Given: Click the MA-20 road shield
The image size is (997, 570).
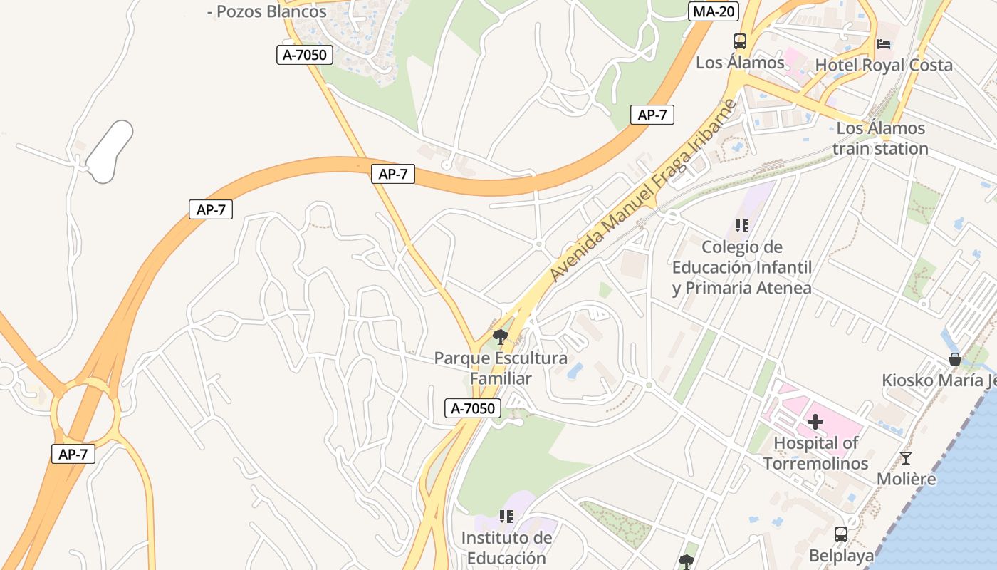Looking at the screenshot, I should [x=714, y=11].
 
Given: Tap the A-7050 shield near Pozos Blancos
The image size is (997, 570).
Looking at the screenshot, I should [x=305, y=54].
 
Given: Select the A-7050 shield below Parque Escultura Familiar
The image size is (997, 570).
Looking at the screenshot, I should [x=473, y=408].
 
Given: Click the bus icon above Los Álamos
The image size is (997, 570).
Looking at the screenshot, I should [x=740, y=41].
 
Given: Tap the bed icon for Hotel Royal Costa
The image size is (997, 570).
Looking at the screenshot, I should [x=884, y=44].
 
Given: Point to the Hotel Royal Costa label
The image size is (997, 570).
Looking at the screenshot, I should [x=883, y=65].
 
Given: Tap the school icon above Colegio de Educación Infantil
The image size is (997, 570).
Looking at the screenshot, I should [x=741, y=226].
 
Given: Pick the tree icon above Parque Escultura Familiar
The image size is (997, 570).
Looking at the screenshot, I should [x=501, y=336].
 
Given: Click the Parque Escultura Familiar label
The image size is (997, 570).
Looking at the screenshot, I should [x=501, y=368].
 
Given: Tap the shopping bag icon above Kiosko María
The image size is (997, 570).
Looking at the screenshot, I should [x=954, y=359].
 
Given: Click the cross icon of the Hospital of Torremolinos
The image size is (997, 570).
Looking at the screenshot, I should [x=815, y=423].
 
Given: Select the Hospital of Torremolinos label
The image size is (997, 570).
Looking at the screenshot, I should [x=815, y=453].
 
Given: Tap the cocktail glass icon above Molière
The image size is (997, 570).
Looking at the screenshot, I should [x=905, y=458].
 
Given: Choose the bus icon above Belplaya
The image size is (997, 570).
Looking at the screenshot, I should [x=840, y=534].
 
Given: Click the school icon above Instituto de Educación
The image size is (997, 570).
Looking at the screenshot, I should [x=506, y=516].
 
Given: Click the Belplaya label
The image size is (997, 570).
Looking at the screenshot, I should [x=841, y=556].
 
